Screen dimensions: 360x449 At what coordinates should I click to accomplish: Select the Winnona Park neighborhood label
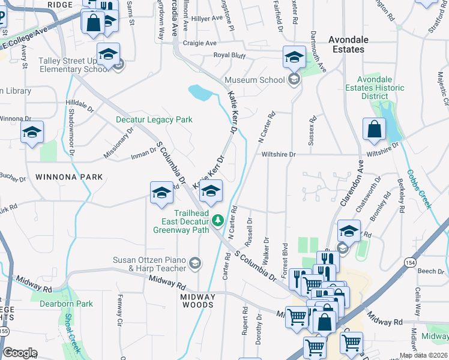[x=69, y=177]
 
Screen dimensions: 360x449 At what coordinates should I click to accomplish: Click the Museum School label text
[x=255, y=80]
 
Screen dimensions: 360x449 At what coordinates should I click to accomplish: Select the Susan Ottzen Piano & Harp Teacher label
[x=149, y=264]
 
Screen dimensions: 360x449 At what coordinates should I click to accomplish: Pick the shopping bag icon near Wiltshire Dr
[x=374, y=129]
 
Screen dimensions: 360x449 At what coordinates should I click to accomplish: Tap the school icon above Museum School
[x=294, y=58]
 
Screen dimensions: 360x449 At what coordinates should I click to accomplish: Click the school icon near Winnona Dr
[x=32, y=133]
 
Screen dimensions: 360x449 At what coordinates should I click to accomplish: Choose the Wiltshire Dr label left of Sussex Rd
[x=279, y=154]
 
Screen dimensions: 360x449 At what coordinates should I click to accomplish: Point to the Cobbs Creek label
[x=420, y=189]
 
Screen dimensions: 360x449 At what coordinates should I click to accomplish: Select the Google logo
[x=20, y=353]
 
